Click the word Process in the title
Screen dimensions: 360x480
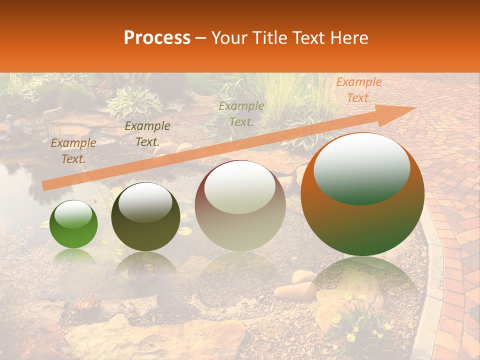click(x=157, y=38)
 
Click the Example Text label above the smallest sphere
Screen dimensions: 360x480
click(x=73, y=151)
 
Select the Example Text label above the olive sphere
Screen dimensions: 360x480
click(x=147, y=134)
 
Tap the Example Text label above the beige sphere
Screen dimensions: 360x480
click(x=241, y=114)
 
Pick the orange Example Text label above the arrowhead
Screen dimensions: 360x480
click(x=358, y=90)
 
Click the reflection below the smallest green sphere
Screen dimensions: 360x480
click(x=73, y=257)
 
